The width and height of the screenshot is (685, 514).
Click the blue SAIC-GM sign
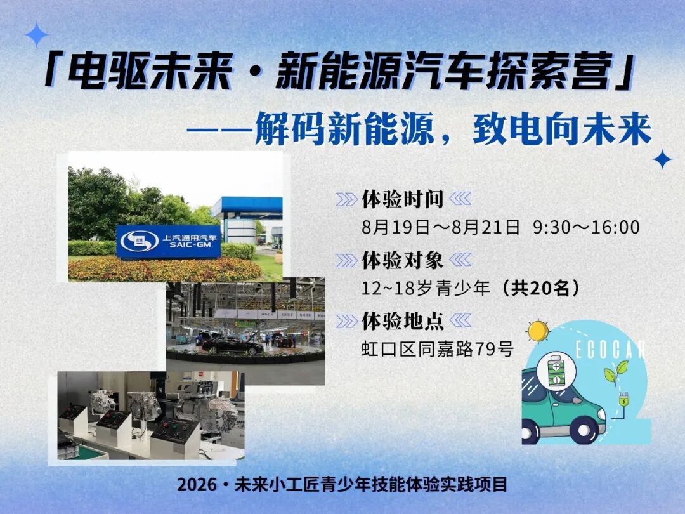(x=168, y=241)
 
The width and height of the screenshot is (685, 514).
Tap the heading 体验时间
(x=402, y=199)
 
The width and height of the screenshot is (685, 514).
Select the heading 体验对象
(x=402, y=260)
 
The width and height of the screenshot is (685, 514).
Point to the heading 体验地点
(x=402, y=321)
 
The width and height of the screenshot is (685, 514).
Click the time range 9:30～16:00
(x=586, y=227)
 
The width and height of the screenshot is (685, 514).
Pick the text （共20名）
(x=540, y=288)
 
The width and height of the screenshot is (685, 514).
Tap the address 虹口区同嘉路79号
(x=437, y=349)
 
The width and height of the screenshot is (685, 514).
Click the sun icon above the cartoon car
(x=538, y=331)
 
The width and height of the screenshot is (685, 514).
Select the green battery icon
(x=556, y=371)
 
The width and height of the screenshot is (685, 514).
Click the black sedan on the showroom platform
(x=232, y=345)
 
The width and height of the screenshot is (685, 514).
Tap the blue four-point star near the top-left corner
(x=36, y=34)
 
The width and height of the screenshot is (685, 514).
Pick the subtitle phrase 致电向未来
(x=562, y=128)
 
